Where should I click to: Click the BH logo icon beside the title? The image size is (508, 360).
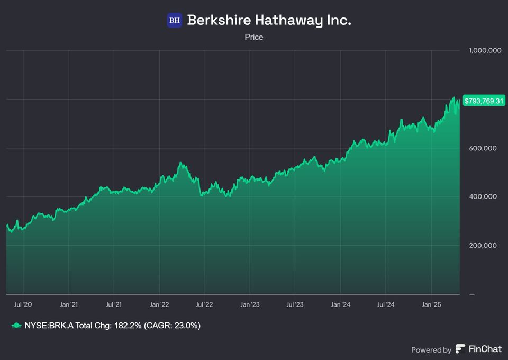tap(175, 21)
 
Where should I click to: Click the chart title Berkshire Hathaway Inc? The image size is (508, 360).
tap(269, 21)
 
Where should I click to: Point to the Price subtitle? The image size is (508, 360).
tap(254, 37)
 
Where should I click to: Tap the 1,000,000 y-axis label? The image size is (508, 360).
tap(485, 51)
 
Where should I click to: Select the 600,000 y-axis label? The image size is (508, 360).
tap(483, 148)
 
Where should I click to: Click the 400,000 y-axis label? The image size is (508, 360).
tap(483, 197)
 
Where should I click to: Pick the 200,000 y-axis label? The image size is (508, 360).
tap(483, 246)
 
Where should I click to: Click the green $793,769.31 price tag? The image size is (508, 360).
tap(484, 101)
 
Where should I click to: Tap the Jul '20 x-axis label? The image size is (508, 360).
tap(23, 305)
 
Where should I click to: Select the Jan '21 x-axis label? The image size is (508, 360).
tap(69, 305)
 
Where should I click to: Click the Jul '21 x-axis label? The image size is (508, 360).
tap(114, 305)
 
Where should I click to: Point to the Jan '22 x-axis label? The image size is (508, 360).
tap(159, 305)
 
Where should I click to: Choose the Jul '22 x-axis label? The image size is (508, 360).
tap(204, 305)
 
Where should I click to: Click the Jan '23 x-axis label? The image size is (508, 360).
tap(250, 305)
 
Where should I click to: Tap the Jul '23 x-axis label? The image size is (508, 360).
tap(295, 305)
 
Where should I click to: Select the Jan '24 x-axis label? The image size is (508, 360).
tap(340, 305)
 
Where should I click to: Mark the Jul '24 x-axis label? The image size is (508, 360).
tap(386, 305)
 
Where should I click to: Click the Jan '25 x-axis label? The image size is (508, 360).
tap(431, 305)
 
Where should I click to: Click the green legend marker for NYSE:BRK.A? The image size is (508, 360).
tap(16, 326)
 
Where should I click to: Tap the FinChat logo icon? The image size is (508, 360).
tap(461, 349)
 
